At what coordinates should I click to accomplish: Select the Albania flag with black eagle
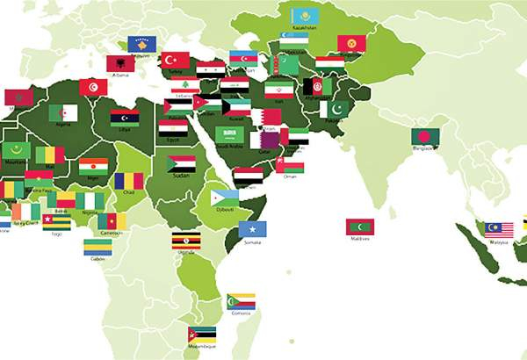click(120, 62)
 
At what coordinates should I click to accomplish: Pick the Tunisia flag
click(93, 88)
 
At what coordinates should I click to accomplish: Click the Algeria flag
click(62, 112)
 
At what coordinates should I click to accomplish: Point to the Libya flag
click(125, 118)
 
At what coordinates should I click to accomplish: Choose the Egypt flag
click(173, 128)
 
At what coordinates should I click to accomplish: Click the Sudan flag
click(181, 163)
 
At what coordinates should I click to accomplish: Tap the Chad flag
click(128, 180)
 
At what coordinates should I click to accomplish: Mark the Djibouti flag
click(225, 197)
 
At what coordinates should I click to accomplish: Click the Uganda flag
click(184, 241)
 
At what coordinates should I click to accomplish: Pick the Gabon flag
click(97, 248)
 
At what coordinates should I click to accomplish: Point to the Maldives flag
click(360, 226)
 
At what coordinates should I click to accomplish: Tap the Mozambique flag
click(202, 336)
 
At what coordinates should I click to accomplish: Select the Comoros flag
click(241, 301)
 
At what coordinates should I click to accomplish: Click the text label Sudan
click(182, 175)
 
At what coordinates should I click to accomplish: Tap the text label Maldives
click(360, 238)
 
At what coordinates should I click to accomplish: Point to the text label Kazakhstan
click(304, 29)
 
